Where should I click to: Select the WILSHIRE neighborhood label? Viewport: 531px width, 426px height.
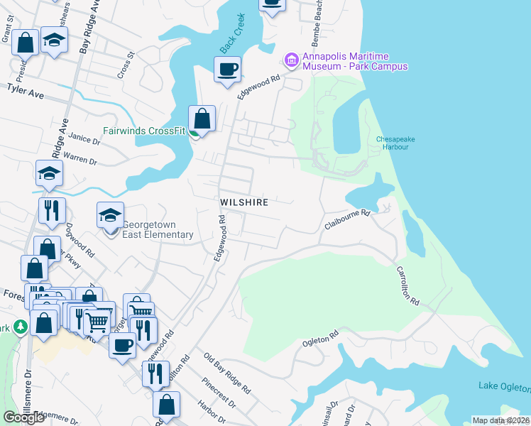243,202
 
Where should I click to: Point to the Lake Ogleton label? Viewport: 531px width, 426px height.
504,387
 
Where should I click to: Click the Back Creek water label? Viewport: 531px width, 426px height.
231,33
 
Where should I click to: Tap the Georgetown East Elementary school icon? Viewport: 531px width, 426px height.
111,217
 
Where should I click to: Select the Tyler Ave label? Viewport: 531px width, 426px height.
26,91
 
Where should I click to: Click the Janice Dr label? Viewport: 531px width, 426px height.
85,140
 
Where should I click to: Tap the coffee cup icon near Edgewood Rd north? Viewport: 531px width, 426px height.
227,70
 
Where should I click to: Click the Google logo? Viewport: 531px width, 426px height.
24,417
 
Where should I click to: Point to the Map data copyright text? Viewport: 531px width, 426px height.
500,420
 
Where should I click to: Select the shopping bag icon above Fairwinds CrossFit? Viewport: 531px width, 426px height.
202,119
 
